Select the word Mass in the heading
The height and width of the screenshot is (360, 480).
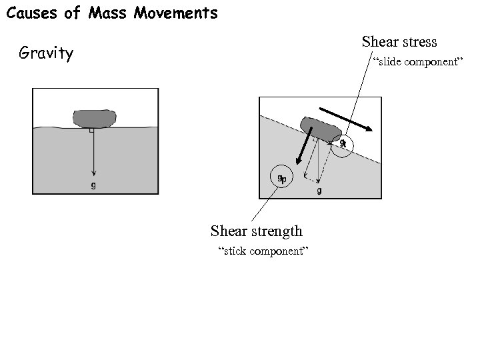pos(104,13)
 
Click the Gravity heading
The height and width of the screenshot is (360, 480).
pos(46,53)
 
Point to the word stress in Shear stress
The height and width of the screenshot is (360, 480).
pos(419,42)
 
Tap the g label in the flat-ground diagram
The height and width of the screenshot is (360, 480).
pos(93,185)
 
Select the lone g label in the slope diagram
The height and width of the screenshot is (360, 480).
pos(319,191)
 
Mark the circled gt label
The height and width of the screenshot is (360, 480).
pos(343,144)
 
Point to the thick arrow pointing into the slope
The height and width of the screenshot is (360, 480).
pos(304,147)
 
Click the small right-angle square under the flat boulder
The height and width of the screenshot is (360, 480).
pos(91,131)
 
